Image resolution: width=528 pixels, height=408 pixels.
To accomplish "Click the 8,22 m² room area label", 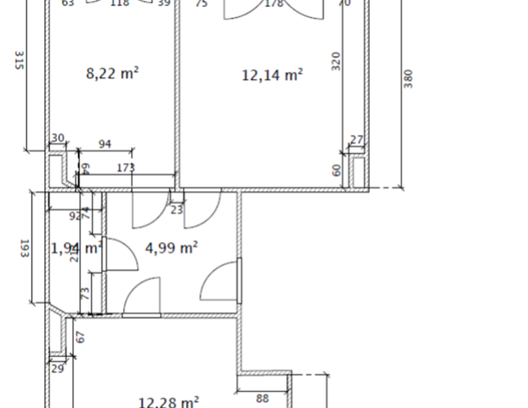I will tap(112, 74).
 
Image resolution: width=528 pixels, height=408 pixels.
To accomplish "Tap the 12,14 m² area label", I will tap(273, 76).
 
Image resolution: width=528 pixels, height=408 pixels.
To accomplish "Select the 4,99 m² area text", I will tap(172, 248).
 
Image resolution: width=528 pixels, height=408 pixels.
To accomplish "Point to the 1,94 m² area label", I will tap(76, 248).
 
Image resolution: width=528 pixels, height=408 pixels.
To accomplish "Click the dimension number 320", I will tap(336, 62).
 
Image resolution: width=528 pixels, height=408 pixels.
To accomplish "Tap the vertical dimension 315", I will tap(18, 62).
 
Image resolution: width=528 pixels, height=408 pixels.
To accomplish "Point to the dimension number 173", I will tap(125, 168).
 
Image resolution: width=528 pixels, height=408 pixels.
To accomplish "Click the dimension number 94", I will tap(105, 144).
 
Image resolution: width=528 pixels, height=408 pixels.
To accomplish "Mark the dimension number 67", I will tap(82, 336).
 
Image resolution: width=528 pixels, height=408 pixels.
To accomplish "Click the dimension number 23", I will tap(177, 209).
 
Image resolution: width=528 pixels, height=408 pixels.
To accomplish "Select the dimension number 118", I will tap(120, 3).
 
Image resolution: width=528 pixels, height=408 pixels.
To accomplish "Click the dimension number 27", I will tap(356, 140).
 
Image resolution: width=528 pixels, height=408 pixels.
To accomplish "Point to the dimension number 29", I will tap(58, 368).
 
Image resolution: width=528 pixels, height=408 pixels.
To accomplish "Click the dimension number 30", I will tap(58, 139).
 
